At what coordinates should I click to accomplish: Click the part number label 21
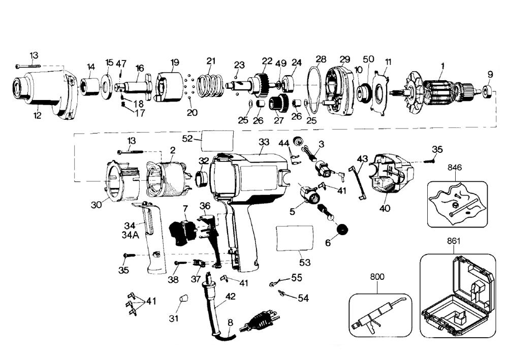(x=211, y=61)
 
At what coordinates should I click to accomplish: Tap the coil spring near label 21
(x=210, y=84)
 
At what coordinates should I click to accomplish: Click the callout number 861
(x=454, y=241)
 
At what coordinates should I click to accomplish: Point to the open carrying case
(x=458, y=294)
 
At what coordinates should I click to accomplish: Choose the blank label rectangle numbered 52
(x=217, y=140)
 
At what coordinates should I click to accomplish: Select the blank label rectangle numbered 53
(x=295, y=238)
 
